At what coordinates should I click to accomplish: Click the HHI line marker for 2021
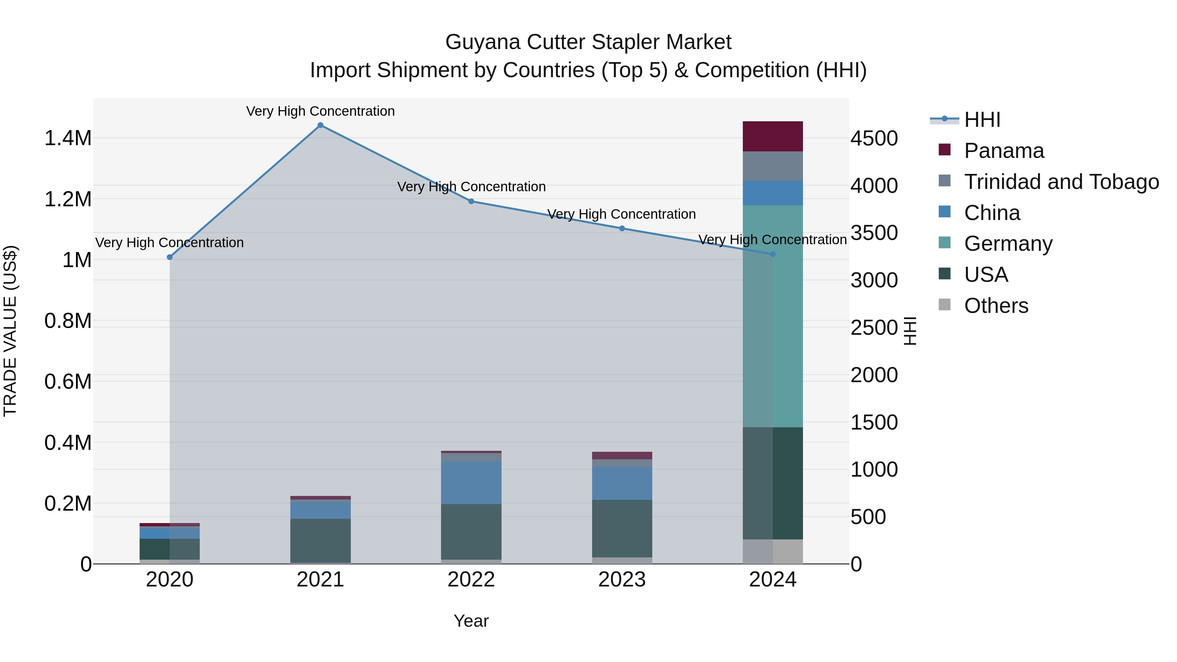coord(320,125)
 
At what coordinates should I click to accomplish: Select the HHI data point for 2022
coord(471,201)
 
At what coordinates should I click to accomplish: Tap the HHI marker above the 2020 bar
coord(169,257)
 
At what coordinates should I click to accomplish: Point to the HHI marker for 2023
coord(622,229)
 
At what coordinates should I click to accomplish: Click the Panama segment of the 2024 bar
coord(773,136)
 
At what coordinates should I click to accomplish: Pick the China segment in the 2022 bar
coord(471,483)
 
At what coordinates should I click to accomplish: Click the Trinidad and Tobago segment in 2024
coord(773,166)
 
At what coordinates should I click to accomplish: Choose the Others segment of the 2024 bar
coord(773,552)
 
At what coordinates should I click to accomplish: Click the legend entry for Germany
coord(1008,244)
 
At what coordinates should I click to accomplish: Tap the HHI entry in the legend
coord(982,120)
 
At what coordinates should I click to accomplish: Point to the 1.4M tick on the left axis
coord(68,138)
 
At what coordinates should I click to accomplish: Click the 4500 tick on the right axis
coord(874,138)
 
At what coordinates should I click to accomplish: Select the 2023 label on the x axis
coord(622,580)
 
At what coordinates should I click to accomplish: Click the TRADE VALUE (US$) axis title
coord(10,331)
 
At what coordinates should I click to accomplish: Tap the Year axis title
coord(471,621)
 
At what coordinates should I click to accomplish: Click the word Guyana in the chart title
coord(483,42)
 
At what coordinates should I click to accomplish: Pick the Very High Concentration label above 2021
coord(320,111)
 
